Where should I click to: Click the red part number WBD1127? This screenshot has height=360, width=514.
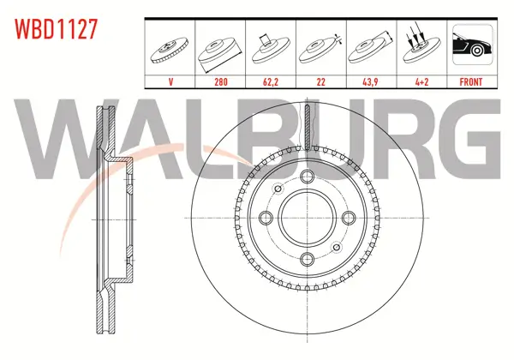coord(56,29)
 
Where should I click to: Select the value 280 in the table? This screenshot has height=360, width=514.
coord(221,81)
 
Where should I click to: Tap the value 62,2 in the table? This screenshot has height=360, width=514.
coord(271,81)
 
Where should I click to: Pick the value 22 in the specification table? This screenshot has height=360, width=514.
coord(321,81)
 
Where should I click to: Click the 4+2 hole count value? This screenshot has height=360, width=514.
coord(421,81)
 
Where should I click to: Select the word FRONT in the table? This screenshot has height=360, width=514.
coord(471,81)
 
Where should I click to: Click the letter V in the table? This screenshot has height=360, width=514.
coord(170,81)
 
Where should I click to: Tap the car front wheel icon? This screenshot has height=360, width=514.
coord(472,45)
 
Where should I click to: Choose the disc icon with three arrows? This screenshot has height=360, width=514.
coord(421,45)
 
